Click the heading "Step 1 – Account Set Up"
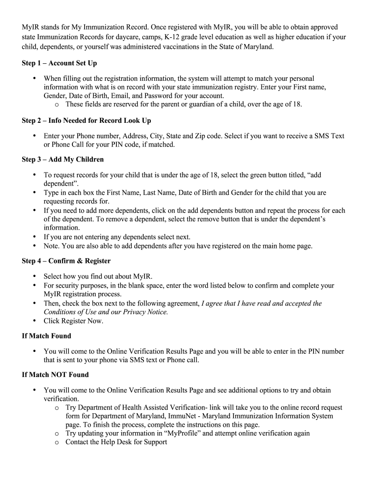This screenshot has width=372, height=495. [59, 63]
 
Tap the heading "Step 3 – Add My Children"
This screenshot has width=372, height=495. [63, 159]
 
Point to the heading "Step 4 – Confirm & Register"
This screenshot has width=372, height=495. [66, 261]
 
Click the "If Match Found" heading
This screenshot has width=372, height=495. [46, 336]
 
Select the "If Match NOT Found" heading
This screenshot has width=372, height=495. [55, 375]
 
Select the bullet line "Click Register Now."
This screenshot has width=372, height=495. [73, 321]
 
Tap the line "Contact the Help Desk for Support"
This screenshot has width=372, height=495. [116, 442]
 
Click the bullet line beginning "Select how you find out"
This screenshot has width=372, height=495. [98, 277]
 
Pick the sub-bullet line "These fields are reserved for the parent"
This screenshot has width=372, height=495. [184, 104]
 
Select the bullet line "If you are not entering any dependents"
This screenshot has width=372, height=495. [117, 237]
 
